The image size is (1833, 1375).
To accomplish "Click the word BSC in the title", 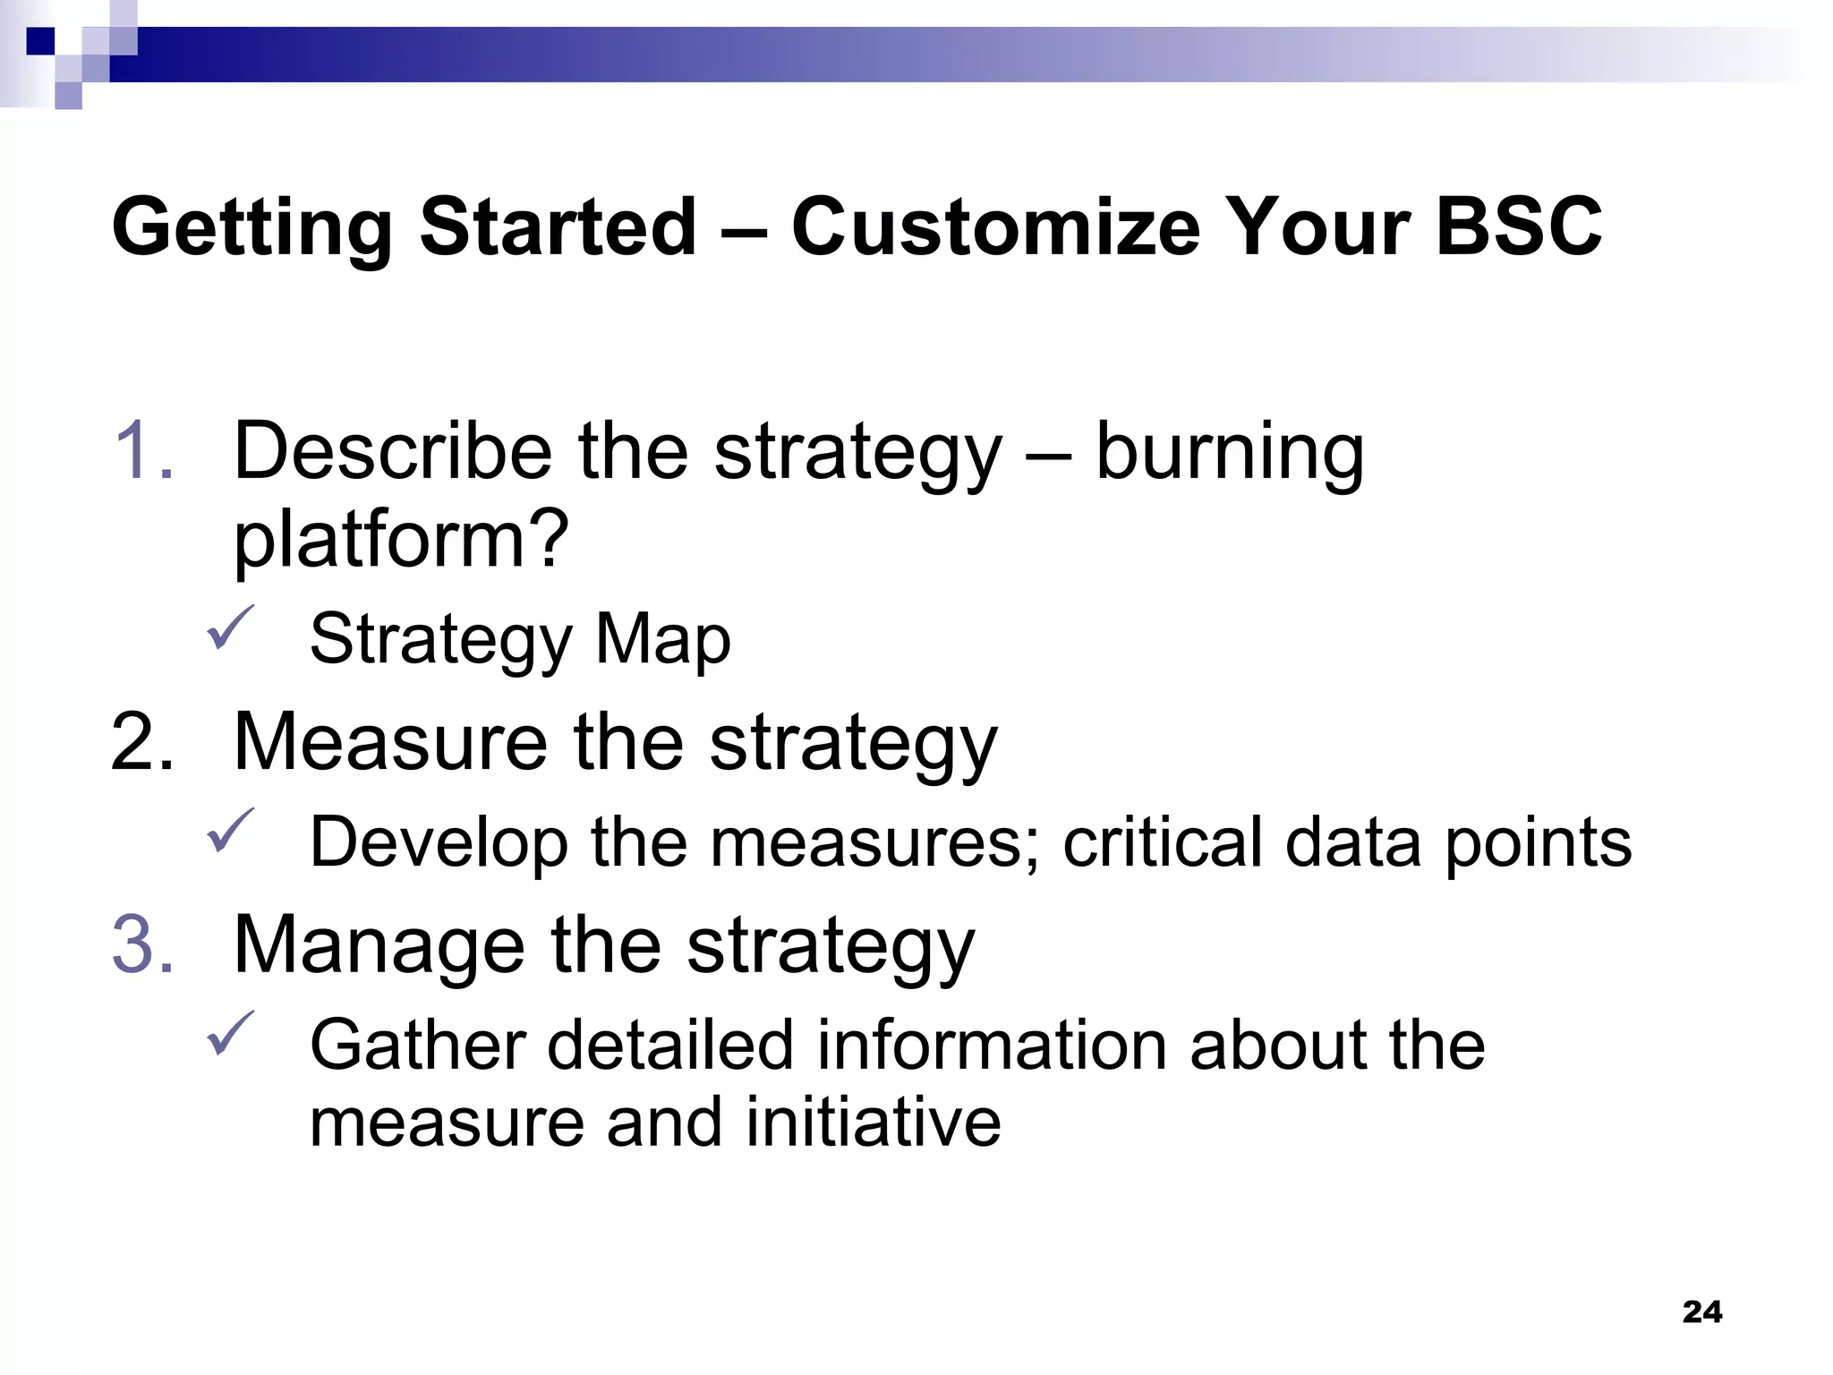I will (1518, 226).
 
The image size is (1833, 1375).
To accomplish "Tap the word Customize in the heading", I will (995, 226).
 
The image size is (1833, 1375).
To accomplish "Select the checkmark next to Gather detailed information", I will (230, 1033).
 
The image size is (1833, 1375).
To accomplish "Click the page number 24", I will (1701, 1312).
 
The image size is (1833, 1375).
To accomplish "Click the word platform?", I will (401, 541).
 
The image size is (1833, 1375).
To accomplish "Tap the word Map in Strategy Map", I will (662, 639).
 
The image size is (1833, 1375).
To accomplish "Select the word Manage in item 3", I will (379, 945).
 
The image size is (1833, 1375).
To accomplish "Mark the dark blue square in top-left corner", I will (40, 40).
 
